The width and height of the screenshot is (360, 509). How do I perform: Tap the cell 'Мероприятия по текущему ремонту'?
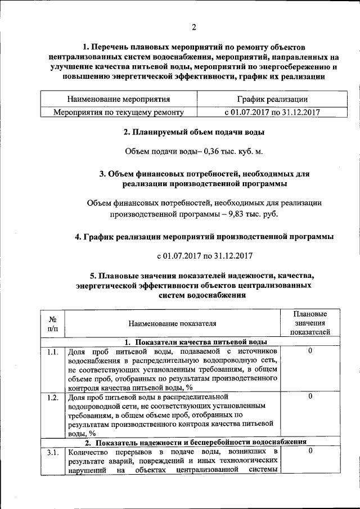point(119,112)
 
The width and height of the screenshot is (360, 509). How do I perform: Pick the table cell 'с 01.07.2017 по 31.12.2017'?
point(272,112)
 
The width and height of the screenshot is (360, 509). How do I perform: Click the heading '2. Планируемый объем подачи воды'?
point(194,133)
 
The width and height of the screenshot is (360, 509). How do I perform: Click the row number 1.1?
point(52,352)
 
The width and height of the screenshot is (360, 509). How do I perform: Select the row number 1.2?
point(52,397)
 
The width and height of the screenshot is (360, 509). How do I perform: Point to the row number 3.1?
point(52,452)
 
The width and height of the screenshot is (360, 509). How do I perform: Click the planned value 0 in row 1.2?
point(310,397)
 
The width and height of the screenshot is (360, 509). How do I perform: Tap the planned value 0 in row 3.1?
point(310,452)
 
